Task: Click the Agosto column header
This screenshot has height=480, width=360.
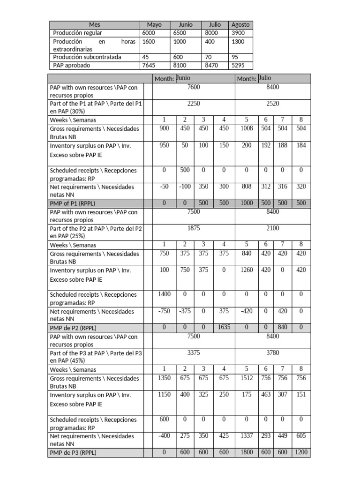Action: click(241, 24)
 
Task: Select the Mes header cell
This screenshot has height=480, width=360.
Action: click(94, 24)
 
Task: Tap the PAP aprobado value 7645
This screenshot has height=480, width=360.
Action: click(149, 66)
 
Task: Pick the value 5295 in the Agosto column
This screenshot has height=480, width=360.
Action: click(239, 66)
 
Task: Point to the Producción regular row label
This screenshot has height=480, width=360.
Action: click(77, 33)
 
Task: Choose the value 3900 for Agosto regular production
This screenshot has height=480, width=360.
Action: click(239, 33)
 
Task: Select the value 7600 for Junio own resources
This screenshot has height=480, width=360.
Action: click(194, 87)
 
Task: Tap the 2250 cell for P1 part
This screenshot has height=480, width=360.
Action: click(194, 104)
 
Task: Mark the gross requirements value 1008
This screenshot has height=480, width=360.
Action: click(246, 128)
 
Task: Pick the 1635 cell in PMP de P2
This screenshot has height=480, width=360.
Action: click(224, 327)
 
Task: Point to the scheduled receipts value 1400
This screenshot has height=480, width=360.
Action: click(164, 294)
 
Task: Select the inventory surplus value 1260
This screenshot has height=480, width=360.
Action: click(246, 270)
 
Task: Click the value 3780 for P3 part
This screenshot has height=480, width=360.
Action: click(272, 352)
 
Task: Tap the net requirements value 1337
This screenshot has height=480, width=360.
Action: click(246, 435)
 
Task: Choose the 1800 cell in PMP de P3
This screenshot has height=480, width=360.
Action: click(246, 452)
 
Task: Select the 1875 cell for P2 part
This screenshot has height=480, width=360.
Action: click(194, 228)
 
